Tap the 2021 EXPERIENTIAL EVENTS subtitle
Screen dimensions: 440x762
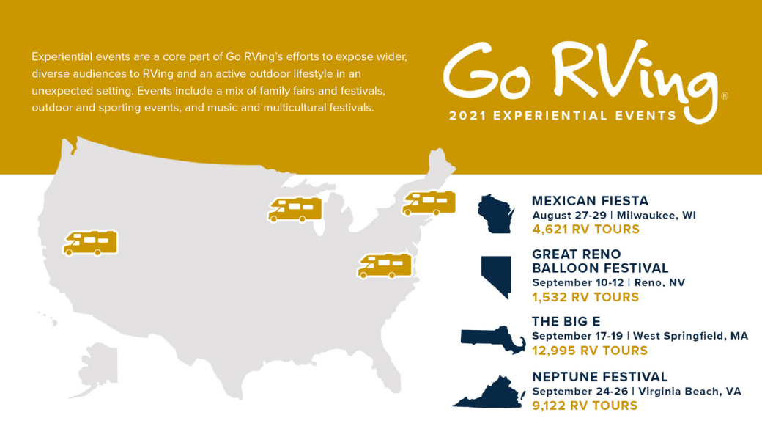coord(562,116)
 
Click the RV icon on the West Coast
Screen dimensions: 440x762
coord(91,243)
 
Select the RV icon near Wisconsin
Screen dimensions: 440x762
coord(295,209)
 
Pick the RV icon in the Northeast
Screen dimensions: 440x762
coord(429,203)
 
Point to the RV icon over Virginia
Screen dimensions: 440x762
coord(385,265)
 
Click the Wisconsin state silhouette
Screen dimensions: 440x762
coord(496,213)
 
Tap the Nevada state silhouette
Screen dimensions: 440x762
coord(495,275)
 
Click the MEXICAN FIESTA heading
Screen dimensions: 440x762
coord(590,201)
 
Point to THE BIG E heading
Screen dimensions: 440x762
coord(566,321)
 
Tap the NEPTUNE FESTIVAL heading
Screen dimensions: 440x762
coord(599,377)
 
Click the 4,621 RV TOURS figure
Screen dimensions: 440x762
coord(585,230)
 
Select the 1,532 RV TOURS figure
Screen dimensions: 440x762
coord(585,297)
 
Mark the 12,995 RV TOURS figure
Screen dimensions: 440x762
coord(589,351)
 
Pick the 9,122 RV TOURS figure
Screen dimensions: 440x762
coord(585,406)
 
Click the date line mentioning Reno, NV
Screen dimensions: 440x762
coord(608,282)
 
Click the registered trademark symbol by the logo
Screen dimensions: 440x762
coord(725,96)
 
